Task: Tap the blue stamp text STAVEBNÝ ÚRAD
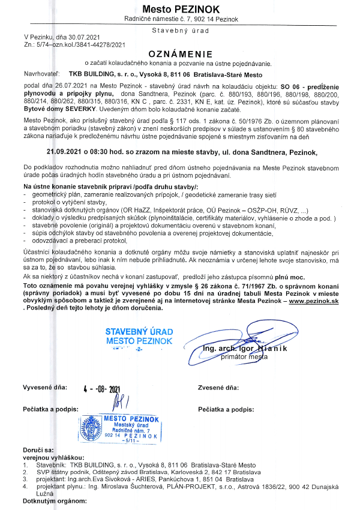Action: point(139,332)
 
